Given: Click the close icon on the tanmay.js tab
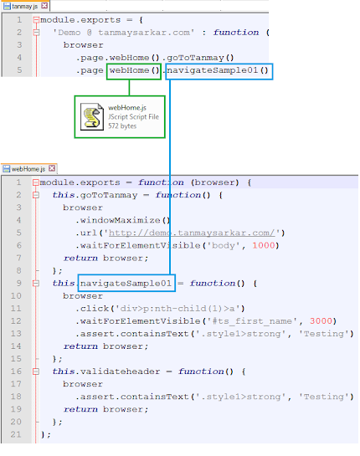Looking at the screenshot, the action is coord(44,6).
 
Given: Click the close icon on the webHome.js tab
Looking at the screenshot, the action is coord(52,168).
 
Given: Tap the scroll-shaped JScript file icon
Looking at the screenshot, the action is coord(92,117).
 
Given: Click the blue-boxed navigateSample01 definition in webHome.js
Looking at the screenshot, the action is coord(126,283).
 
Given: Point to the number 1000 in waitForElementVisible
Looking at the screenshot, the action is coord(264,245).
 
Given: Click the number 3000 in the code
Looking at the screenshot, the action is coord(321,321).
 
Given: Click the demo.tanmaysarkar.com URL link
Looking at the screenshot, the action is coord(192,233).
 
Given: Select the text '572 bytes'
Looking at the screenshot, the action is coord(122,126).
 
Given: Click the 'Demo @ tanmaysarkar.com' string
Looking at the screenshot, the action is coord(123,33).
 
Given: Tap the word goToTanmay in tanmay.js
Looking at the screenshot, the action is coord(195,58).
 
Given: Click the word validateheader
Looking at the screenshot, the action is coord(121,371).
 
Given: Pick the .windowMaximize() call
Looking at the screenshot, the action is coord(122,220).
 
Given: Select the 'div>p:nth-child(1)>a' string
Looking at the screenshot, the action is coord(180,308).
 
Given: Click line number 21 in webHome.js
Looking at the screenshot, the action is coord(16,434).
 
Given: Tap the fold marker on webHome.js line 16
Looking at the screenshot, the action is coord(36,371).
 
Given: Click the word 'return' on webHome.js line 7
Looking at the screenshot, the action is coord(80,259).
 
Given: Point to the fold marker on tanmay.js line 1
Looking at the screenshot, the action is coord(36,20).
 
